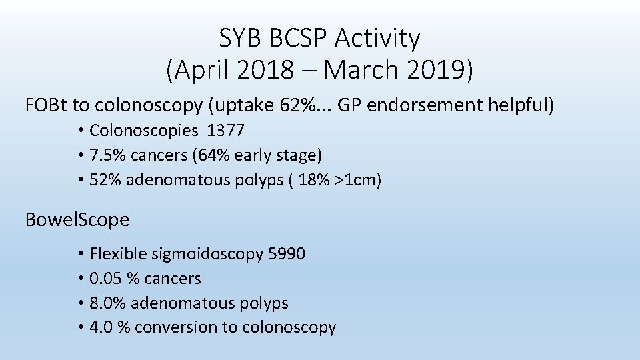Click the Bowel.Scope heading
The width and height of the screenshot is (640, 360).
[77, 219]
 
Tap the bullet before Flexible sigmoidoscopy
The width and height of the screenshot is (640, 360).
[80, 254]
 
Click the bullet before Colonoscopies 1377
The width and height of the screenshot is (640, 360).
[80, 130]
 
